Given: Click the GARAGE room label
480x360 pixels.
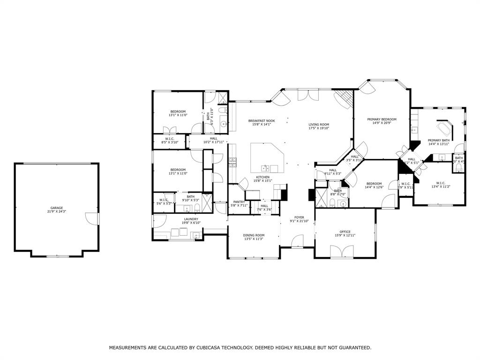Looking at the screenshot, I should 57,208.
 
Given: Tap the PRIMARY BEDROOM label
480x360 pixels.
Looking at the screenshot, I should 382,120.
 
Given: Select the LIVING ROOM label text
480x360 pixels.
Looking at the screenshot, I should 319,124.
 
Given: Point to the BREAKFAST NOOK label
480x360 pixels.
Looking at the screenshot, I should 262,120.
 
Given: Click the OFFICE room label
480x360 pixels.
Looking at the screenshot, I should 345,232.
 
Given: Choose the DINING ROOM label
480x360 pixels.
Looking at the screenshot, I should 254,235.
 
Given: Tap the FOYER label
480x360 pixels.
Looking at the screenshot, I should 299,217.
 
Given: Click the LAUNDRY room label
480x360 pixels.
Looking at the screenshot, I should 191,219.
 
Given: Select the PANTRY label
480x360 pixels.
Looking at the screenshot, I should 239,202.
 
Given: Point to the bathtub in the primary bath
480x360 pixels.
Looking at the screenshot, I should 443,128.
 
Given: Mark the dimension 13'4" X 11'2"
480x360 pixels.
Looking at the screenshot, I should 441,187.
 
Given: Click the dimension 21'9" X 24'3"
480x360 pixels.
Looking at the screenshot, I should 57,211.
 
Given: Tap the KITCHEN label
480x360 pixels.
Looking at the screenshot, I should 262,177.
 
